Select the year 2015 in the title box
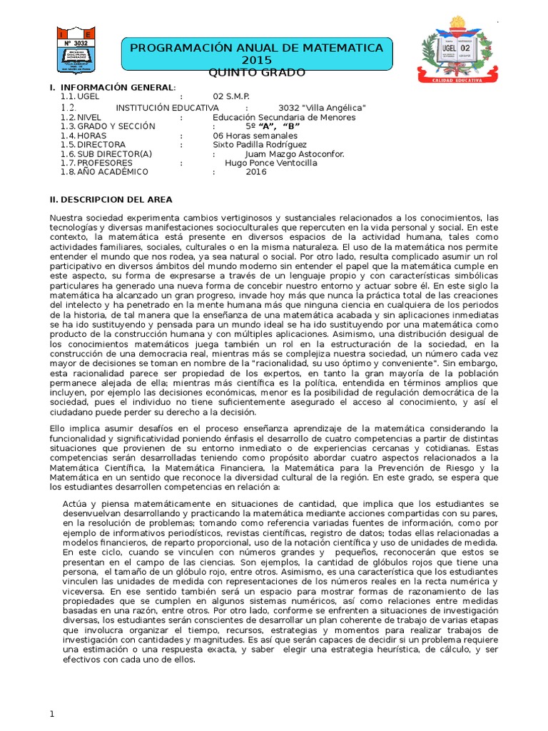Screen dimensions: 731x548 pos(256,60)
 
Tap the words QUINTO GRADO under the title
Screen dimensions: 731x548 pos(256,73)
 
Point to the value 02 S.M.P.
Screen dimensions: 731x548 pos(231,96)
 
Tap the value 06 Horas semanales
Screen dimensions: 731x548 pos(255,136)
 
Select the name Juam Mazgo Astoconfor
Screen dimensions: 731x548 pos(294,154)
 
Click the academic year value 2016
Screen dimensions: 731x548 pos(256,172)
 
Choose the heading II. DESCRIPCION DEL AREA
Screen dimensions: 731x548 pos(111,200)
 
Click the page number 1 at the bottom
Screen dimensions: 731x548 pos(52,715)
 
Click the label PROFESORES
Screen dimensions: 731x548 pos(106,163)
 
